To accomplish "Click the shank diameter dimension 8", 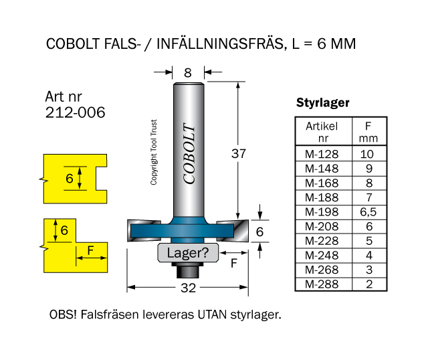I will tap(188, 73).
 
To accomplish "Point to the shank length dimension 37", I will tap(238, 153).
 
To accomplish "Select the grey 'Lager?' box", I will tap(188, 253).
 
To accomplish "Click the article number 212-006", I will tap(75, 112).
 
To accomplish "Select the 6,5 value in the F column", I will tap(368, 211).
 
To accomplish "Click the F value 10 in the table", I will tap(368, 153).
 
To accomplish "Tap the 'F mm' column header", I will tap(368, 132).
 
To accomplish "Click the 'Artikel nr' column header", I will tap(322, 132).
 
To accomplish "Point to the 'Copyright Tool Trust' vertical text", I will tap(154, 153).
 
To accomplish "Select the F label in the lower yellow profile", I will tap(91, 252).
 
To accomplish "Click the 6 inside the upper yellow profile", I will tap(69, 179).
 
